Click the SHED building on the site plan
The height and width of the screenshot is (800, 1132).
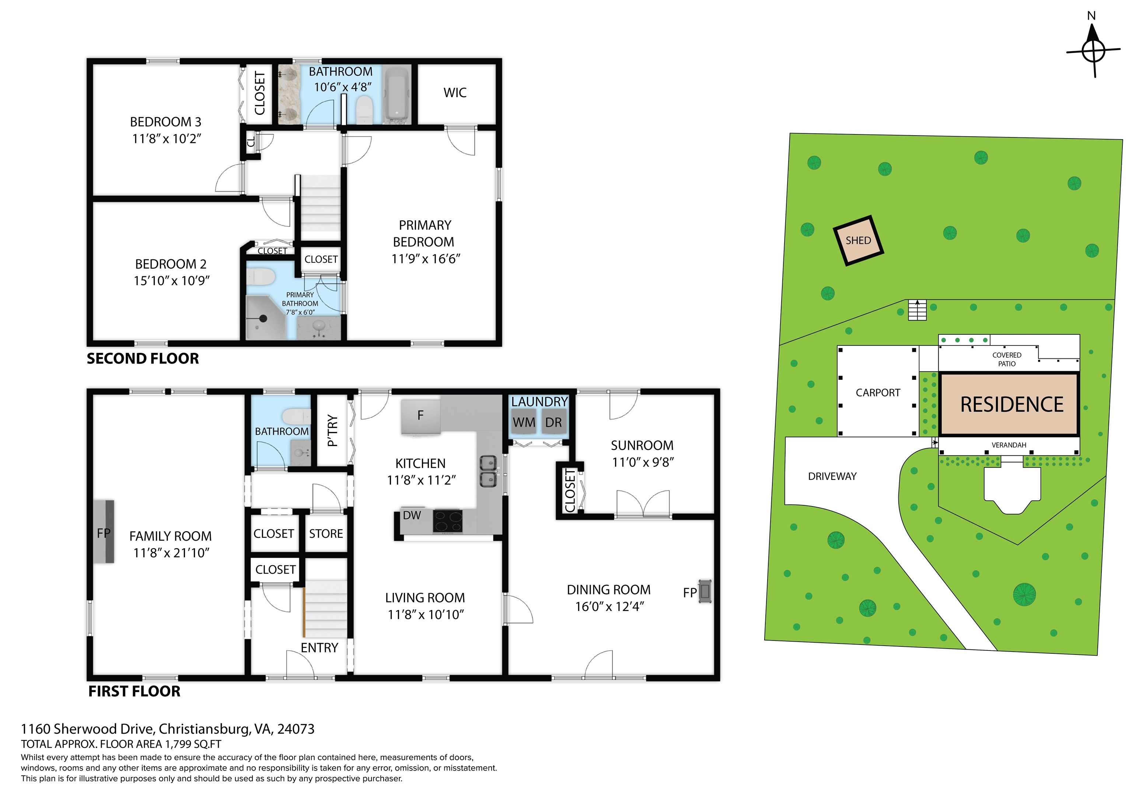coord(858,241)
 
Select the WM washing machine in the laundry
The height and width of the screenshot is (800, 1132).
coord(524,423)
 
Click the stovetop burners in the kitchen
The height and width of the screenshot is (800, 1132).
coord(448,521)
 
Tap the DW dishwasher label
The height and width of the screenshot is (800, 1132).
coord(412,516)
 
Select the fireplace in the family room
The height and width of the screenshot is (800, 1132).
coord(104,532)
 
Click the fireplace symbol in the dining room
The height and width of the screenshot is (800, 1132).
coord(706,592)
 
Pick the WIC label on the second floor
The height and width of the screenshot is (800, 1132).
coord(455,93)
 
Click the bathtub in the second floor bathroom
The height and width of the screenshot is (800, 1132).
coord(397,95)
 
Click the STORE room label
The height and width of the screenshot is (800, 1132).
coord(326,534)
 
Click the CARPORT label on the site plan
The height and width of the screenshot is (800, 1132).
coord(878,393)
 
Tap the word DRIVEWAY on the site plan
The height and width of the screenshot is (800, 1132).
coord(832,476)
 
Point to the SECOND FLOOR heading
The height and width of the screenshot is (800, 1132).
coord(143,359)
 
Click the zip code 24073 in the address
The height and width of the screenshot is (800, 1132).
coord(296,729)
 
